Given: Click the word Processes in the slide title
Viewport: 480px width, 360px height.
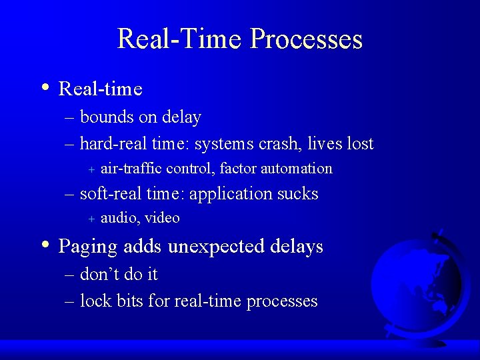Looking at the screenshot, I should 306,39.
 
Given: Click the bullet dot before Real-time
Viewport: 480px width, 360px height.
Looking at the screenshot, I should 44,87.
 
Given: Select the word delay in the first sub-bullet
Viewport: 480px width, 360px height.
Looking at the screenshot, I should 181,118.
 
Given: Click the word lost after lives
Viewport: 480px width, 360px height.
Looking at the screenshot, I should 360,143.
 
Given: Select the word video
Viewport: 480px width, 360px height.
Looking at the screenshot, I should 163,218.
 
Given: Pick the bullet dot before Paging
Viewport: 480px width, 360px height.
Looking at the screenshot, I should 44,245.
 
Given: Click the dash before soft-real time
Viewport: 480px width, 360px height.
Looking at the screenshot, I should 69,195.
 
